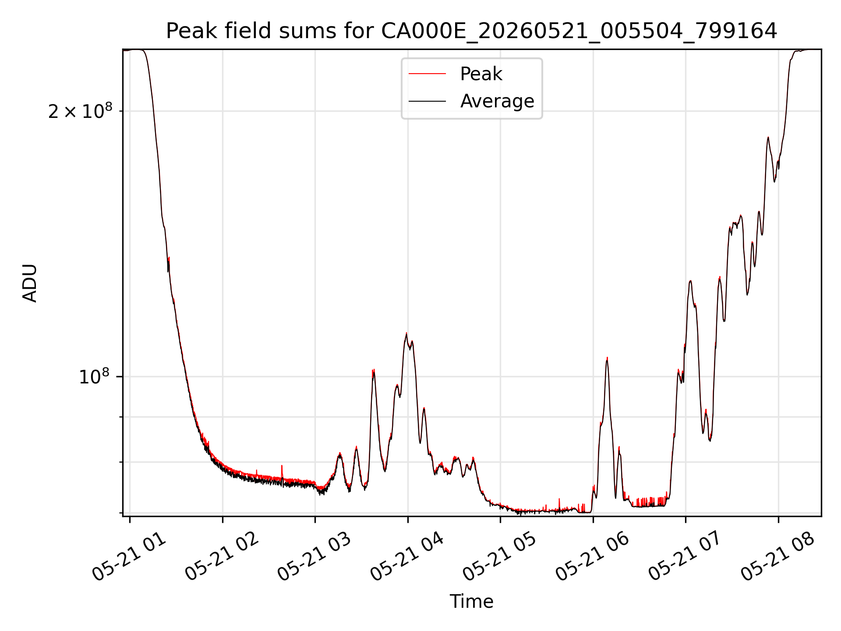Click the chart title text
pyautogui.click(x=471, y=31)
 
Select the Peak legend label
pyautogui.click(x=481, y=74)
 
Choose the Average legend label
pyautogui.click(x=497, y=101)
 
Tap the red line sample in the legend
pyautogui.click(x=427, y=74)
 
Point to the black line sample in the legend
pyautogui.click(x=427, y=101)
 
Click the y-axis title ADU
pyautogui.click(x=30, y=283)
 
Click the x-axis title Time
pyautogui.click(x=471, y=602)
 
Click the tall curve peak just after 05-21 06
pyautogui.click(x=607, y=358)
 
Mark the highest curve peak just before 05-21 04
pyautogui.click(x=406, y=333)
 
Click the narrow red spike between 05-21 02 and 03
pyautogui.click(x=282, y=466)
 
